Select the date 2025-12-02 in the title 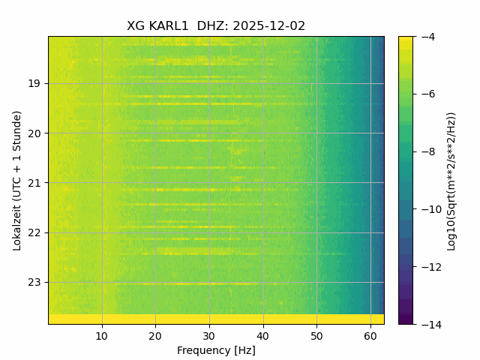[x=269, y=26]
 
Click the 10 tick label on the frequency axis [x=102, y=335]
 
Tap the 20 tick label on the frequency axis [x=155, y=335]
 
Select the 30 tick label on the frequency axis [x=209, y=335]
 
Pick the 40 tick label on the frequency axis [x=262, y=335]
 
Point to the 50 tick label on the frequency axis [x=316, y=335]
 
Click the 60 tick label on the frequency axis [x=370, y=335]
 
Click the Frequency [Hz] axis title [x=216, y=350]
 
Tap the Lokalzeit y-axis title [x=17, y=180]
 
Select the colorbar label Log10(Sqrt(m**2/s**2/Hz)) [x=451, y=180]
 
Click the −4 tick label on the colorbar [x=425, y=37]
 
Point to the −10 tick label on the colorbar [x=428, y=209]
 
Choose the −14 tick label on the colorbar [x=428, y=324]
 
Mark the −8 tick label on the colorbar [x=425, y=151]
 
